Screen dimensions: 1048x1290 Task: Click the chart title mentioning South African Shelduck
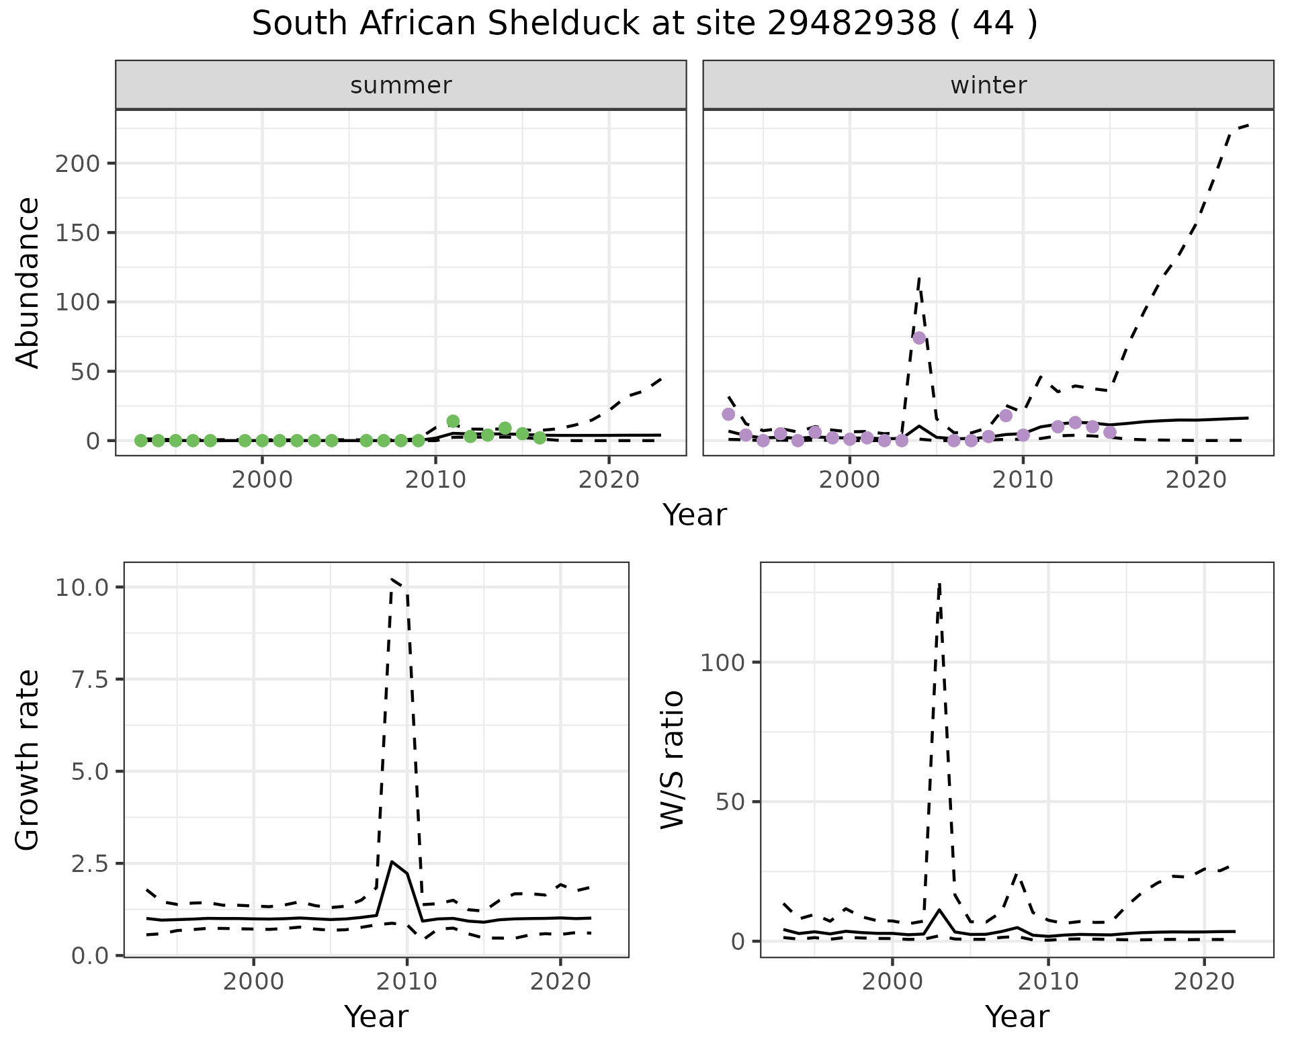[x=644, y=25]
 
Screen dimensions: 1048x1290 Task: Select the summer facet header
[x=400, y=85]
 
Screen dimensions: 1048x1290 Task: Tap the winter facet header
[x=988, y=85]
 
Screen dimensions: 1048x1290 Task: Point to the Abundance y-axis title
[x=28, y=282]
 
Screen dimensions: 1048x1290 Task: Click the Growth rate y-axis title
[x=28, y=759]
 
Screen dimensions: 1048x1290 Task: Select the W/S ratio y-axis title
[x=672, y=759]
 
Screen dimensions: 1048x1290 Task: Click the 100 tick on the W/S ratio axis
[x=722, y=663]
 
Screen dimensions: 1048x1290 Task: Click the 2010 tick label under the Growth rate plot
[x=406, y=981]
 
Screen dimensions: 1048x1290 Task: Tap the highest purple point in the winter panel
[x=919, y=338]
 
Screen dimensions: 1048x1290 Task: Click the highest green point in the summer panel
[x=453, y=421]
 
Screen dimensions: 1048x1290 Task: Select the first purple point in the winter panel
[x=728, y=414]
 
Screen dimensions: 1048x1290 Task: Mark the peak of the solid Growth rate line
[x=392, y=861]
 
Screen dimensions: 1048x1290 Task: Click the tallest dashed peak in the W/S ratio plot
[x=939, y=584]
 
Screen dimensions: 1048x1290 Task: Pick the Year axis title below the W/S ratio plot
[x=1017, y=1017]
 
